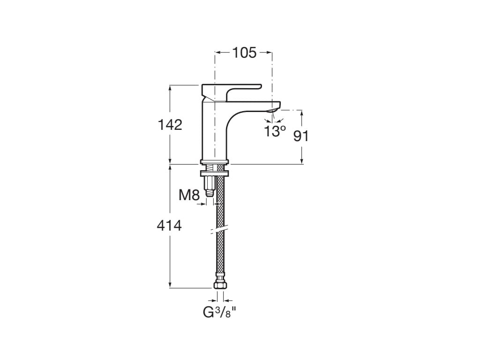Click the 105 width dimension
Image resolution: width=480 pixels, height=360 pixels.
click(x=244, y=53)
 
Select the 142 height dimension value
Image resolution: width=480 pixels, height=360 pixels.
click(x=170, y=125)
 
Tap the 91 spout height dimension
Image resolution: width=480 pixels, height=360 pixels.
click(x=301, y=136)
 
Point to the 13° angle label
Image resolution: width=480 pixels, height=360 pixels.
click(x=274, y=131)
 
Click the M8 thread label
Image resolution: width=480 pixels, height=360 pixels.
click(x=189, y=195)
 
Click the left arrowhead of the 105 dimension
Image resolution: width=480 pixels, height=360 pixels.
click(x=217, y=53)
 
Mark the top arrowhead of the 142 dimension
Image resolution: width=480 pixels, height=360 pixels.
click(x=170, y=88)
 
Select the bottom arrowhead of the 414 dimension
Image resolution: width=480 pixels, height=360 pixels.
click(x=170, y=285)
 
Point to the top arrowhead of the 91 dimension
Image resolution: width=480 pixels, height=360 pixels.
click(x=301, y=112)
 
